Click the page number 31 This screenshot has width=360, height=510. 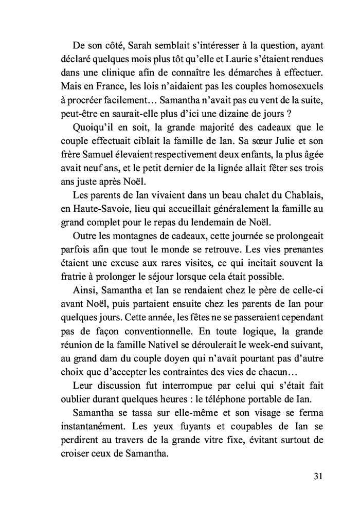click(x=317, y=476)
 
